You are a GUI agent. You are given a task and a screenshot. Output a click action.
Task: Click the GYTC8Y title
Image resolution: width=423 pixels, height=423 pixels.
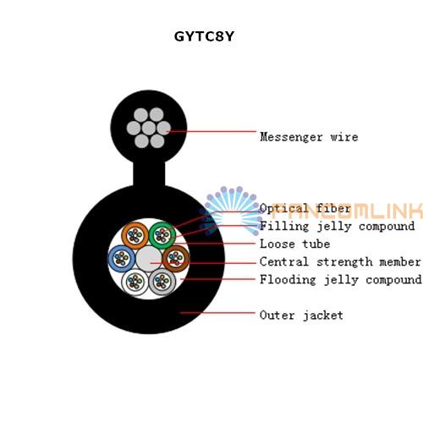[204, 36]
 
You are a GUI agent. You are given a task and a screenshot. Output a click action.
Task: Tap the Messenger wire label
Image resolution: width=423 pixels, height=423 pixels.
[309, 137]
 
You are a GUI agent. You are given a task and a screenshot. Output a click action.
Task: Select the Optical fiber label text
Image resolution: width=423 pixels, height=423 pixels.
[305, 209]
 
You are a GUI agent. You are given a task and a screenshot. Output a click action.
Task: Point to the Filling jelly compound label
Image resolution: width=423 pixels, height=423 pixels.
[338, 226]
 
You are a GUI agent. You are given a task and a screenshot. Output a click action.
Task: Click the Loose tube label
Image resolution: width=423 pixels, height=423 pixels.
[295, 244]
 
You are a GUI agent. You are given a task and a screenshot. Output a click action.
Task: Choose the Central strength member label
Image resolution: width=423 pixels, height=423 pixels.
[340, 261]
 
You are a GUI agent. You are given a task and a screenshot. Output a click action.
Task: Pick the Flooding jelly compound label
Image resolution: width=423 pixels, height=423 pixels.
[341, 280]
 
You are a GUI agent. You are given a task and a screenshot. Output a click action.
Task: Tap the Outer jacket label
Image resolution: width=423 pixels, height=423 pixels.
[301, 315]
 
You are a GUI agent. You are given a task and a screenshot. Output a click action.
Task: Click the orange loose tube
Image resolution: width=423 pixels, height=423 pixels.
[135, 235]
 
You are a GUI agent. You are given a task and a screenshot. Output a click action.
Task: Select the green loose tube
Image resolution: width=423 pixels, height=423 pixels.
[162, 235]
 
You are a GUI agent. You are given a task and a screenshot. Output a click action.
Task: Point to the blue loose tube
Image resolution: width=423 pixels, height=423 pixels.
[122, 258]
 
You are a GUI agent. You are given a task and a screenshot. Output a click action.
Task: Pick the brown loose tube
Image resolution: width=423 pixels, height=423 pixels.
[176, 258]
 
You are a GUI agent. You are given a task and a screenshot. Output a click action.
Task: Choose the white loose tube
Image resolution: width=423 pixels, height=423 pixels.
[135, 282]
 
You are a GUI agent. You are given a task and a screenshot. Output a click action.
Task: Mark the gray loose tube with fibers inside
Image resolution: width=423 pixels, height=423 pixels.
[162, 282]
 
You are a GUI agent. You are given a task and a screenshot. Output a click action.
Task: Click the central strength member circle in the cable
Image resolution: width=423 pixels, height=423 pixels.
[149, 259]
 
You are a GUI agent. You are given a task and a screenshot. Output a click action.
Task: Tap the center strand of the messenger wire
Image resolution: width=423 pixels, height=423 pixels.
[149, 129]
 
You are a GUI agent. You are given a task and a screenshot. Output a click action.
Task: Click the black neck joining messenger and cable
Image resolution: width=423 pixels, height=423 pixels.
[149, 173]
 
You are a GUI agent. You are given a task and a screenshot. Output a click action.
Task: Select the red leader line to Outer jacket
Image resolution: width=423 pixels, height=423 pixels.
[217, 312]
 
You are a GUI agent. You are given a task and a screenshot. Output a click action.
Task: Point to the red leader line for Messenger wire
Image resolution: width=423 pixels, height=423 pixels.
[211, 131]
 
